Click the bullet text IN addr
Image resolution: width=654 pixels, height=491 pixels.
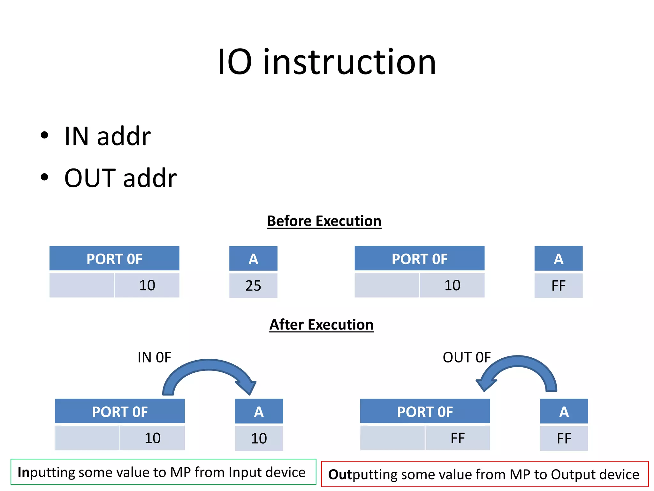click(107, 136)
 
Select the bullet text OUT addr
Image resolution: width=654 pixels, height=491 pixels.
click(120, 178)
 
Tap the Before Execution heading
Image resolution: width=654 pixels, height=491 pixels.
click(324, 221)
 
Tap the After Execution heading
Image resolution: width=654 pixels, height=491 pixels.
click(321, 325)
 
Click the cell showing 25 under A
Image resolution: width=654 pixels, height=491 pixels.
click(253, 285)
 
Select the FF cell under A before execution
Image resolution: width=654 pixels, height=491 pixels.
click(559, 285)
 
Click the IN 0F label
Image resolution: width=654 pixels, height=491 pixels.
click(154, 357)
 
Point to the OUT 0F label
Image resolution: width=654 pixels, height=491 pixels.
click(467, 357)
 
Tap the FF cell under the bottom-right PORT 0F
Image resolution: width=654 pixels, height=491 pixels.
click(457, 438)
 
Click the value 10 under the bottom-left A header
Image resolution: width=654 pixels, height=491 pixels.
click(259, 438)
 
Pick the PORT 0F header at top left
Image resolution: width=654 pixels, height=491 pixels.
click(114, 259)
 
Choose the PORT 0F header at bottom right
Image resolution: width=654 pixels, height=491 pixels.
click(425, 411)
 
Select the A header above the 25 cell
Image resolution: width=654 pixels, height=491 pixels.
click(253, 259)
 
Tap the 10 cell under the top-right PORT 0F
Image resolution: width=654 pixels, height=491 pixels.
click(452, 285)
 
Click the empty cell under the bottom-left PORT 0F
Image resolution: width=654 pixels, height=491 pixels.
click(87, 438)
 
